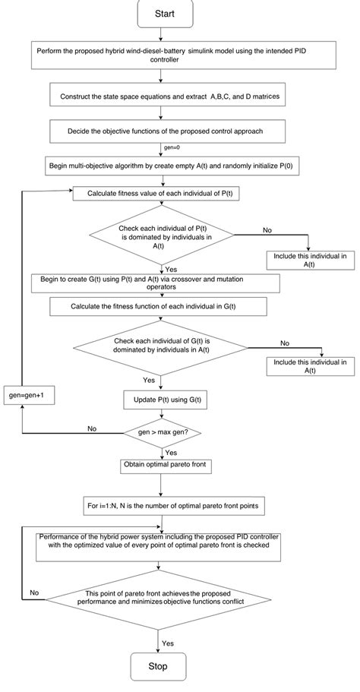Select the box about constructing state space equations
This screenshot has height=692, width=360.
(x=167, y=96)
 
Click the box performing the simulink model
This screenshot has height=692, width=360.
(x=167, y=57)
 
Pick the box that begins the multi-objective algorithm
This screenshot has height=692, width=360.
(x=167, y=165)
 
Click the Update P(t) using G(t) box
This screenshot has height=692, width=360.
(x=166, y=399)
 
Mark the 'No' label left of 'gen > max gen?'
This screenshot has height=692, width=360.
(x=91, y=428)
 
